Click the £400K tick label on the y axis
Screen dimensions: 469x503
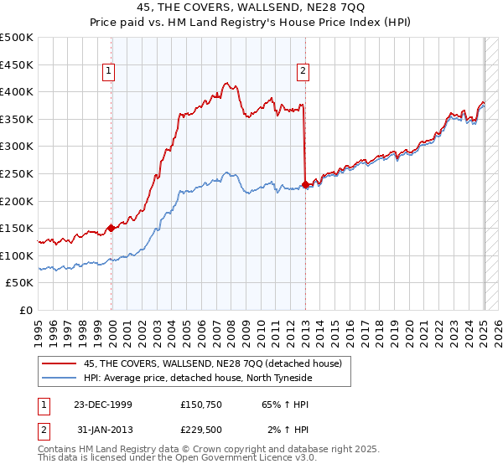[17, 92]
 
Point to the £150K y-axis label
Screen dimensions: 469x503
[17, 228]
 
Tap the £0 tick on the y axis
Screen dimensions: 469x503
[26, 310]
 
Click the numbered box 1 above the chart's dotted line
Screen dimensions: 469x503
[110, 72]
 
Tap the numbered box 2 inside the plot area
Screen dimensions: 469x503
[302, 72]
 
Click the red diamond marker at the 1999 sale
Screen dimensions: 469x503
[111, 227]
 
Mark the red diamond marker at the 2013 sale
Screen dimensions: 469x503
[305, 184]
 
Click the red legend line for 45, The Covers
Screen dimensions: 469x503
[60, 363]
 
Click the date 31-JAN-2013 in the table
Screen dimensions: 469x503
[97, 430]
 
